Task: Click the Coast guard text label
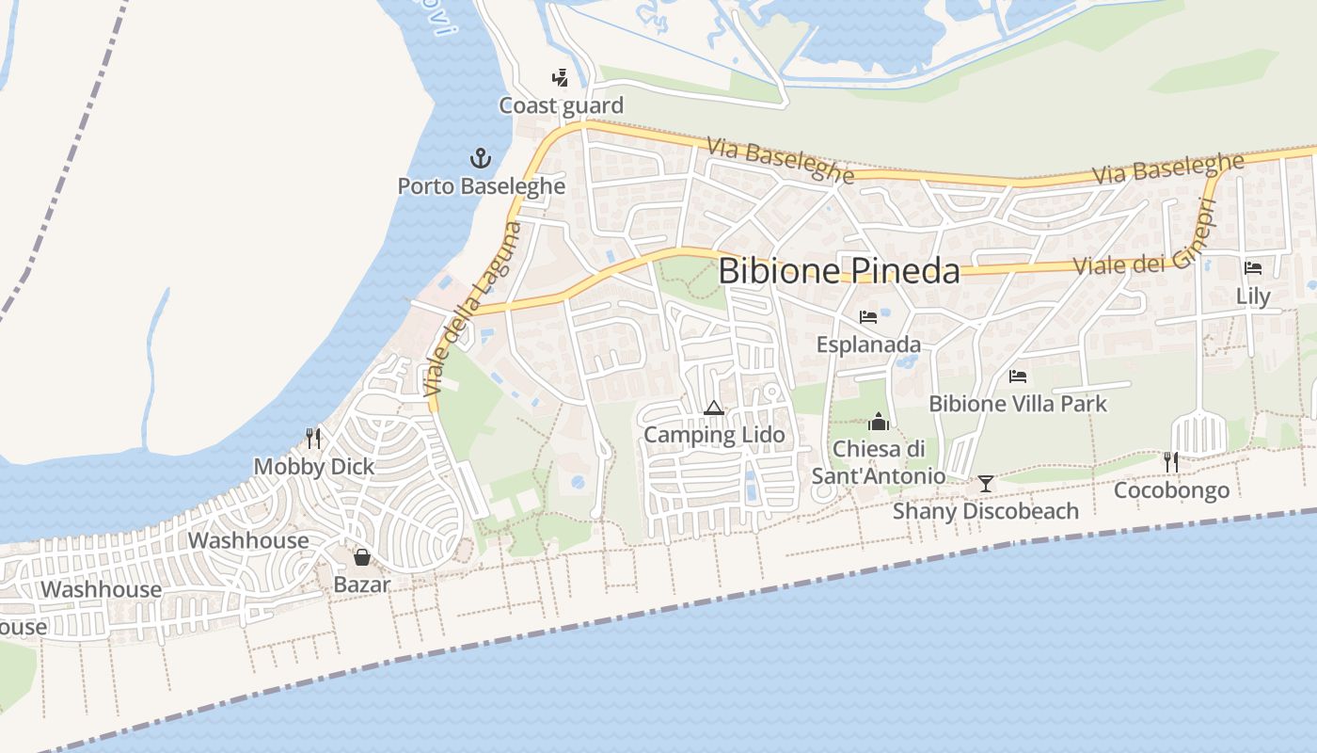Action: tap(561, 105)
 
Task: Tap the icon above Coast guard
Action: tap(561, 78)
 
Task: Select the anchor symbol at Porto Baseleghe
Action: tap(481, 158)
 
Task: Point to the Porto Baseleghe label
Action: tap(481, 186)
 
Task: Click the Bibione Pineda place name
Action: tap(839, 271)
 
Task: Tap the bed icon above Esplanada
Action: tap(868, 317)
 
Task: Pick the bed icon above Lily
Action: tap(1253, 268)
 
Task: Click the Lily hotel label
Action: tap(1253, 296)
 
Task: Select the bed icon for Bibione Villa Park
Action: tap(1018, 376)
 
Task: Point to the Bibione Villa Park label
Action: tap(1018, 404)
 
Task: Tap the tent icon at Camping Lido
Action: tap(713, 408)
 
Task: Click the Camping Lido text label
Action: tap(713, 435)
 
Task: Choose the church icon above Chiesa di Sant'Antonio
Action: tap(879, 421)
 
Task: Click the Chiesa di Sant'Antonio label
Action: tap(879, 462)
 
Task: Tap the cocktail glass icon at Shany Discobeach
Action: tap(986, 483)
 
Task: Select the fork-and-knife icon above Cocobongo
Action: tap(1171, 461)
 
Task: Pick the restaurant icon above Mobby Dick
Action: tap(313, 438)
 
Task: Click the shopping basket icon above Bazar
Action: tap(362, 557)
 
